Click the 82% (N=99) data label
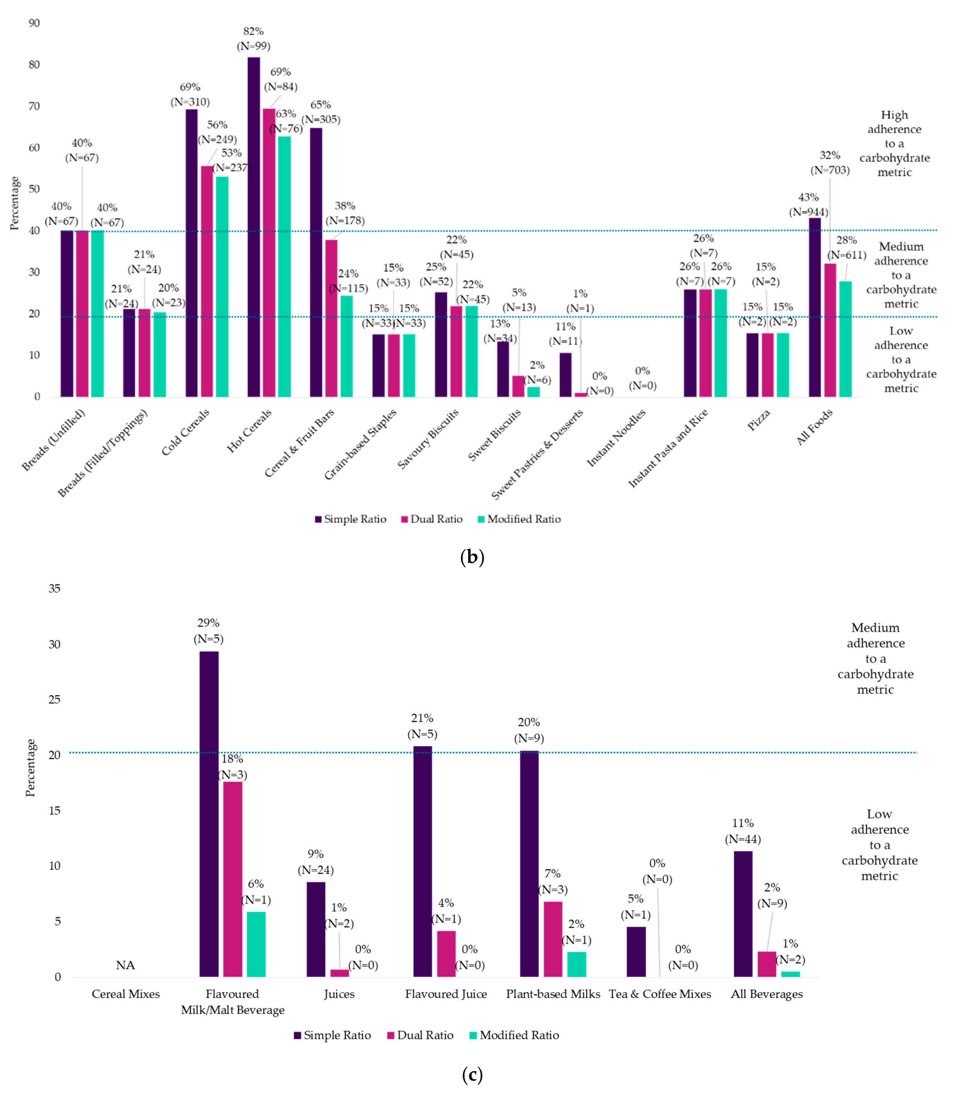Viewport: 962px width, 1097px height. [253, 39]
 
